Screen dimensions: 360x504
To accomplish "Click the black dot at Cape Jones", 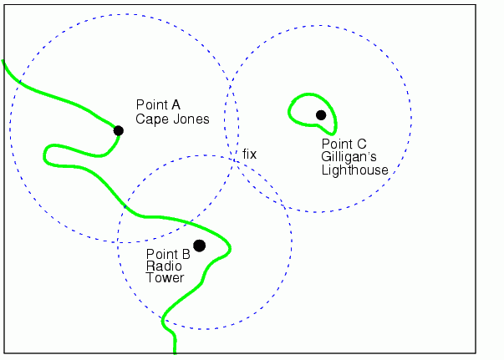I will (119, 130).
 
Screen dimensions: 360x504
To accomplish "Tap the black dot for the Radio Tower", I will (199, 245).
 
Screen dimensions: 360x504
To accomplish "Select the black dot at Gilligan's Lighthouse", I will (321, 114).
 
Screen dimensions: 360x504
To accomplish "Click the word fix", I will (250, 155).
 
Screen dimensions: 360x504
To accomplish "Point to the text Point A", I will (158, 105).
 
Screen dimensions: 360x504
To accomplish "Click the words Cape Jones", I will (172, 119).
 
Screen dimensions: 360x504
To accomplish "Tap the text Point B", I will (168, 254).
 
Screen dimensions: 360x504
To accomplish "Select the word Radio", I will (161, 266).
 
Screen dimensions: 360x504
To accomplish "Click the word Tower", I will (165, 277).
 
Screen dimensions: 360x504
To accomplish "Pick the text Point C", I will (344, 144).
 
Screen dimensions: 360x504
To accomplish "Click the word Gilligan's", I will (350, 156).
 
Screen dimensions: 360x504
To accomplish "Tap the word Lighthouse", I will (354, 170).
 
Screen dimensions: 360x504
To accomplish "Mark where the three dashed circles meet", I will (236, 159).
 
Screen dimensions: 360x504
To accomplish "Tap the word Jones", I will (192, 119).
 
